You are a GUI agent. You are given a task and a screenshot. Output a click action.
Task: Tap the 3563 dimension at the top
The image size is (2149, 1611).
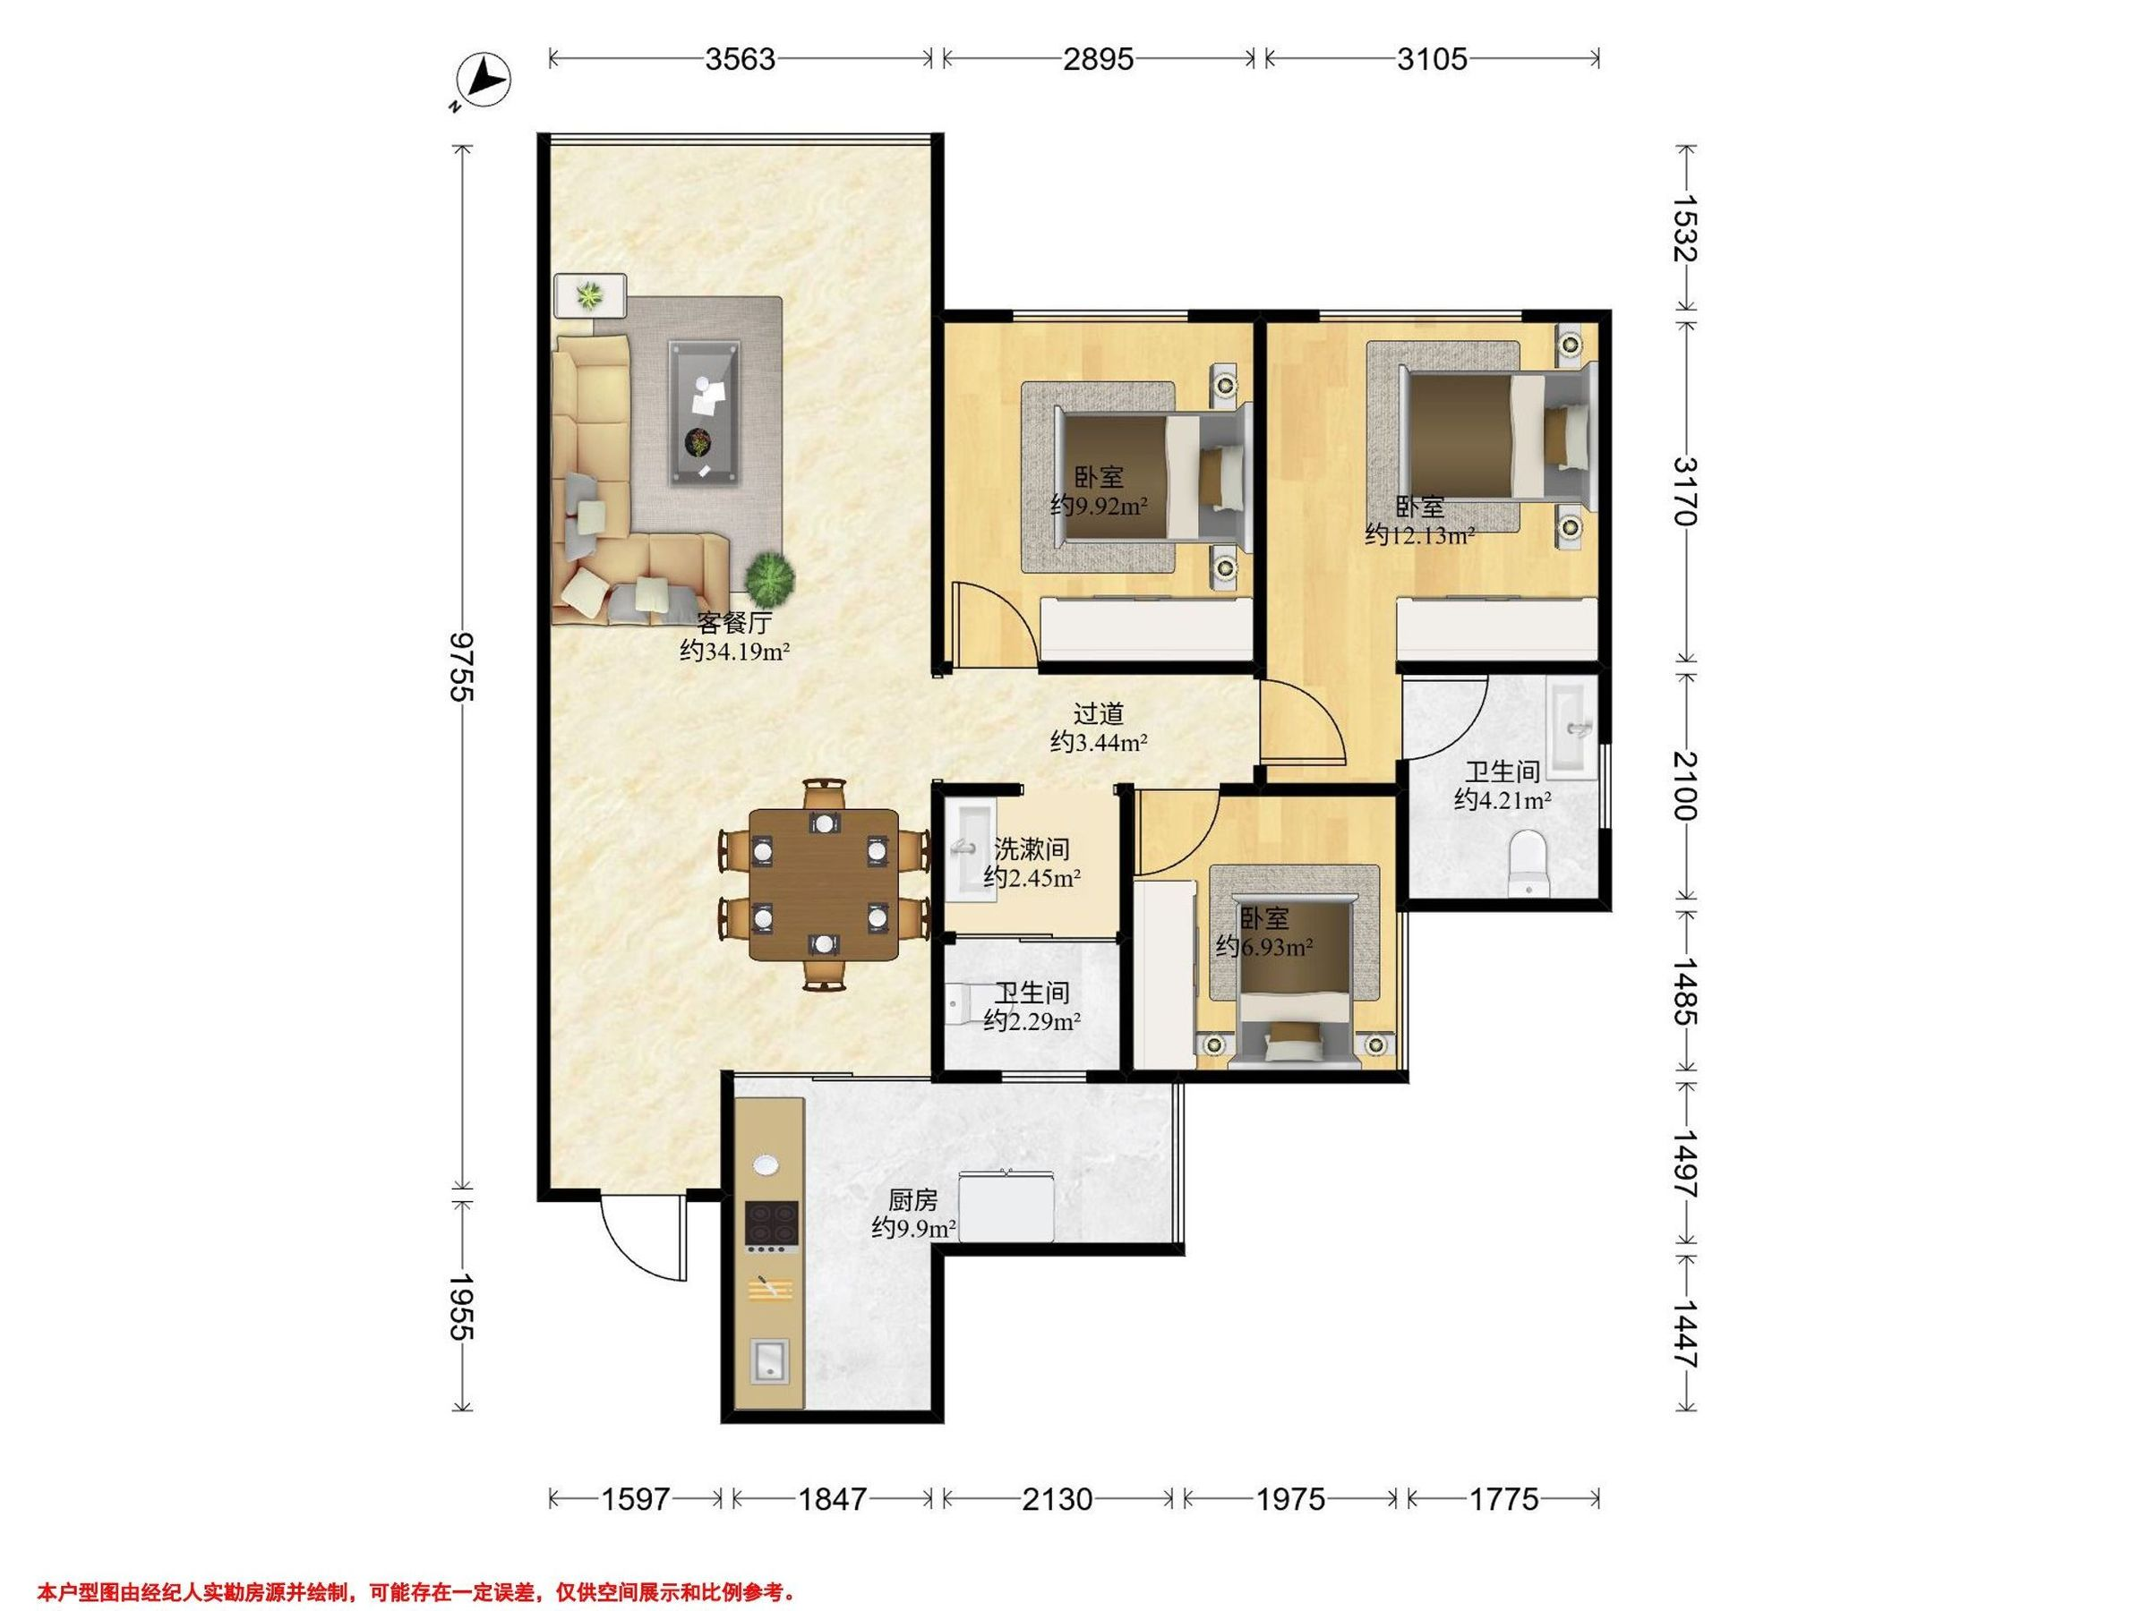click(x=741, y=59)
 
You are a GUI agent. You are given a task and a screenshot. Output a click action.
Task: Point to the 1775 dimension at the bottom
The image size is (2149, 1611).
click(x=1503, y=1500)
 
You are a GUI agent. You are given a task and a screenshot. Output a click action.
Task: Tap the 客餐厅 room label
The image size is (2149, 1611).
click(x=734, y=622)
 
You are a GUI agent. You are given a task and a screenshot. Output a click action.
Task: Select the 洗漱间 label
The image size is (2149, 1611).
click(x=1032, y=849)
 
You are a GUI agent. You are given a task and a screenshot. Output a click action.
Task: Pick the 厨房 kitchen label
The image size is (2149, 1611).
click(x=913, y=1201)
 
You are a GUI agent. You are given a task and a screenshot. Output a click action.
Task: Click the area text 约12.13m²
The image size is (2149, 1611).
click(x=1420, y=535)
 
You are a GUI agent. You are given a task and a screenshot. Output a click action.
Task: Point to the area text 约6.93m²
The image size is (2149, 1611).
click(x=1265, y=946)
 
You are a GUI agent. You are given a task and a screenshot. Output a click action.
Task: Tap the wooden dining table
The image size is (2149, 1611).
click(x=824, y=884)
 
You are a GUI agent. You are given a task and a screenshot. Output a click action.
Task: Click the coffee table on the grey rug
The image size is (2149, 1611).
click(x=705, y=413)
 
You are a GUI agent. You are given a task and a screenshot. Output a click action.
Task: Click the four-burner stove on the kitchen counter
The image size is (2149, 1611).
click(x=771, y=1223)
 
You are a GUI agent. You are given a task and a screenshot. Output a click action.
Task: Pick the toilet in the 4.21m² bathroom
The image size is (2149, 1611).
click(x=1528, y=862)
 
